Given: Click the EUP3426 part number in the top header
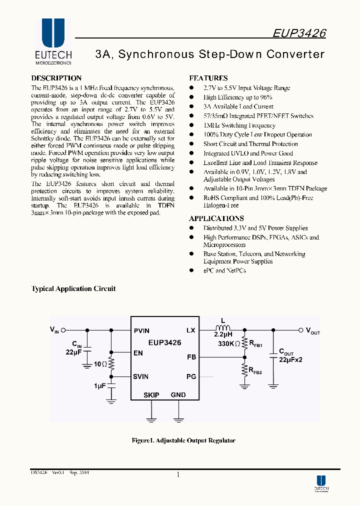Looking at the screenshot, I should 299,33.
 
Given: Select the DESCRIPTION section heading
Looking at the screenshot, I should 56,78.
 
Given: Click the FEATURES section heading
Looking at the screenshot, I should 208,78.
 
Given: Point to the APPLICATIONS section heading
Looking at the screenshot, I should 216,218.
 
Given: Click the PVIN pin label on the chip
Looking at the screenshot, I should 141,330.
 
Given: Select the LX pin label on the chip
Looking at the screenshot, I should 190,330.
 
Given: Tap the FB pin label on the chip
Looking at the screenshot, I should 191,357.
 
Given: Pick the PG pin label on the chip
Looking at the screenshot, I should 191,376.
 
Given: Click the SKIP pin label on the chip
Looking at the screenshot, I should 151,395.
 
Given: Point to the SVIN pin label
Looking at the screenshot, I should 141,376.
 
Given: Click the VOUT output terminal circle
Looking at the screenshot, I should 300,330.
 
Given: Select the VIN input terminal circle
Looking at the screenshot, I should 63,330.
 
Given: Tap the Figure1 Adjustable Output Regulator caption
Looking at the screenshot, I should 183,440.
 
